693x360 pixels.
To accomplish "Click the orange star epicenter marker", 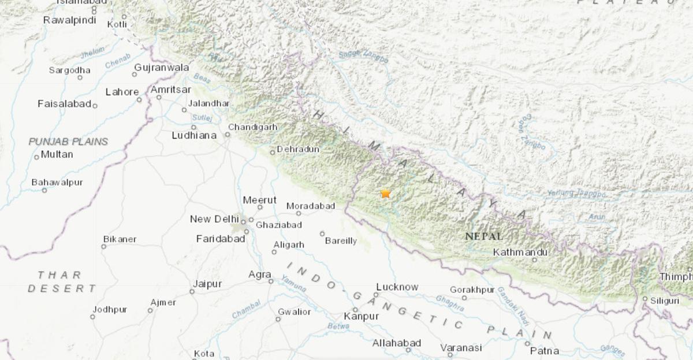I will [x=385, y=194].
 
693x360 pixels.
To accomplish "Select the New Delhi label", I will [x=214, y=219].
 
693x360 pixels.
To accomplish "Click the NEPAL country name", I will [x=483, y=236].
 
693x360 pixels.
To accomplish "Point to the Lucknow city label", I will [x=397, y=287].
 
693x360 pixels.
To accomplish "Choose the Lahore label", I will [x=122, y=92].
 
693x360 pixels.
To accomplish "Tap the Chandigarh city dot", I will [x=228, y=135].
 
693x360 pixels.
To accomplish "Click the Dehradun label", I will [x=298, y=149].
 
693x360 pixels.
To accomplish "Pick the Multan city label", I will [x=57, y=154].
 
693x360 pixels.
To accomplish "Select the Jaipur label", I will [x=207, y=284].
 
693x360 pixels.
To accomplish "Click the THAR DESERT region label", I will [x=60, y=281].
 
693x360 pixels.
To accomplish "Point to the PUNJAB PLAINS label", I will [x=68, y=141].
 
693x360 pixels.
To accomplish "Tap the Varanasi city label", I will [x=461, y=347].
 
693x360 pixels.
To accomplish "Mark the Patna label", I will [x=545, y=350].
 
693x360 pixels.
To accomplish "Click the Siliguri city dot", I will [x=644, y=299].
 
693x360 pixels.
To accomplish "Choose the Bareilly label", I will [x=341, y=241].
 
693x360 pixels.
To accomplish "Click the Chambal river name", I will [x=247, y=313].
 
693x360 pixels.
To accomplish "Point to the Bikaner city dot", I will [x=103, y=247].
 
